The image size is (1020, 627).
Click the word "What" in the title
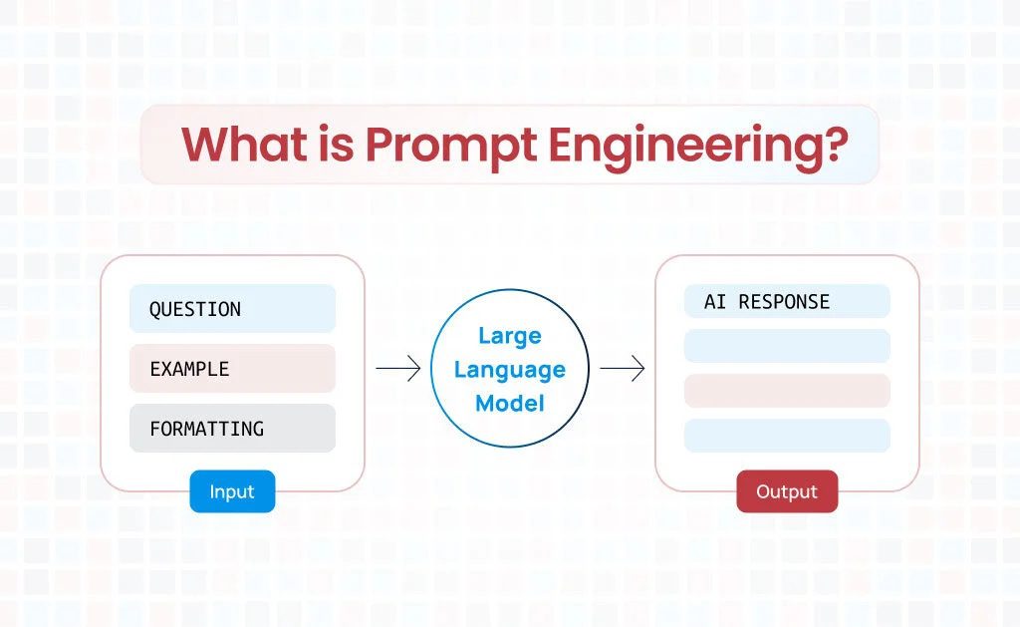point(245,145)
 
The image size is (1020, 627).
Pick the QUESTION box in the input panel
point(232,309)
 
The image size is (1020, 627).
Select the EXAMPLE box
point(232,369)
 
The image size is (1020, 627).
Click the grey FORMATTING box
point(232,429)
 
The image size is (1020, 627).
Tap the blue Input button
point(232,491)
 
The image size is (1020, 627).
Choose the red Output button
point(787,491)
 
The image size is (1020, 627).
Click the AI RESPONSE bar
point(787,301)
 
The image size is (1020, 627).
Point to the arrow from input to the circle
point(397,369)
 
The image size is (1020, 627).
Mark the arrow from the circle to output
point(622,369)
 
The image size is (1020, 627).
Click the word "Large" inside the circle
point(509,336)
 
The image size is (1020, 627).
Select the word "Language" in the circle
point(509,370)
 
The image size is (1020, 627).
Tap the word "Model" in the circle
point(509,403)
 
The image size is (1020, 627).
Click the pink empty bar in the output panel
point(787,391)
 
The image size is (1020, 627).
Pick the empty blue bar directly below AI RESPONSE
point(787,346)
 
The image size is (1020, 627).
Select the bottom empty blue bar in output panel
point(787,436)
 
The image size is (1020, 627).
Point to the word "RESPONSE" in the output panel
point(784,301)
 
